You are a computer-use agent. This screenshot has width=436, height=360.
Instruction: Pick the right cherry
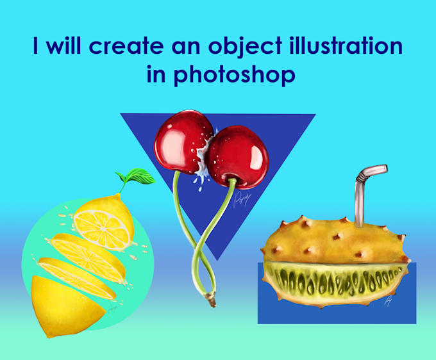click(237, 154)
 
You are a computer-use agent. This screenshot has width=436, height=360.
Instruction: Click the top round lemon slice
click(103, 221)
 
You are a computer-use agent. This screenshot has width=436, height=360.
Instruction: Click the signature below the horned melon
click(389, 301)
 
